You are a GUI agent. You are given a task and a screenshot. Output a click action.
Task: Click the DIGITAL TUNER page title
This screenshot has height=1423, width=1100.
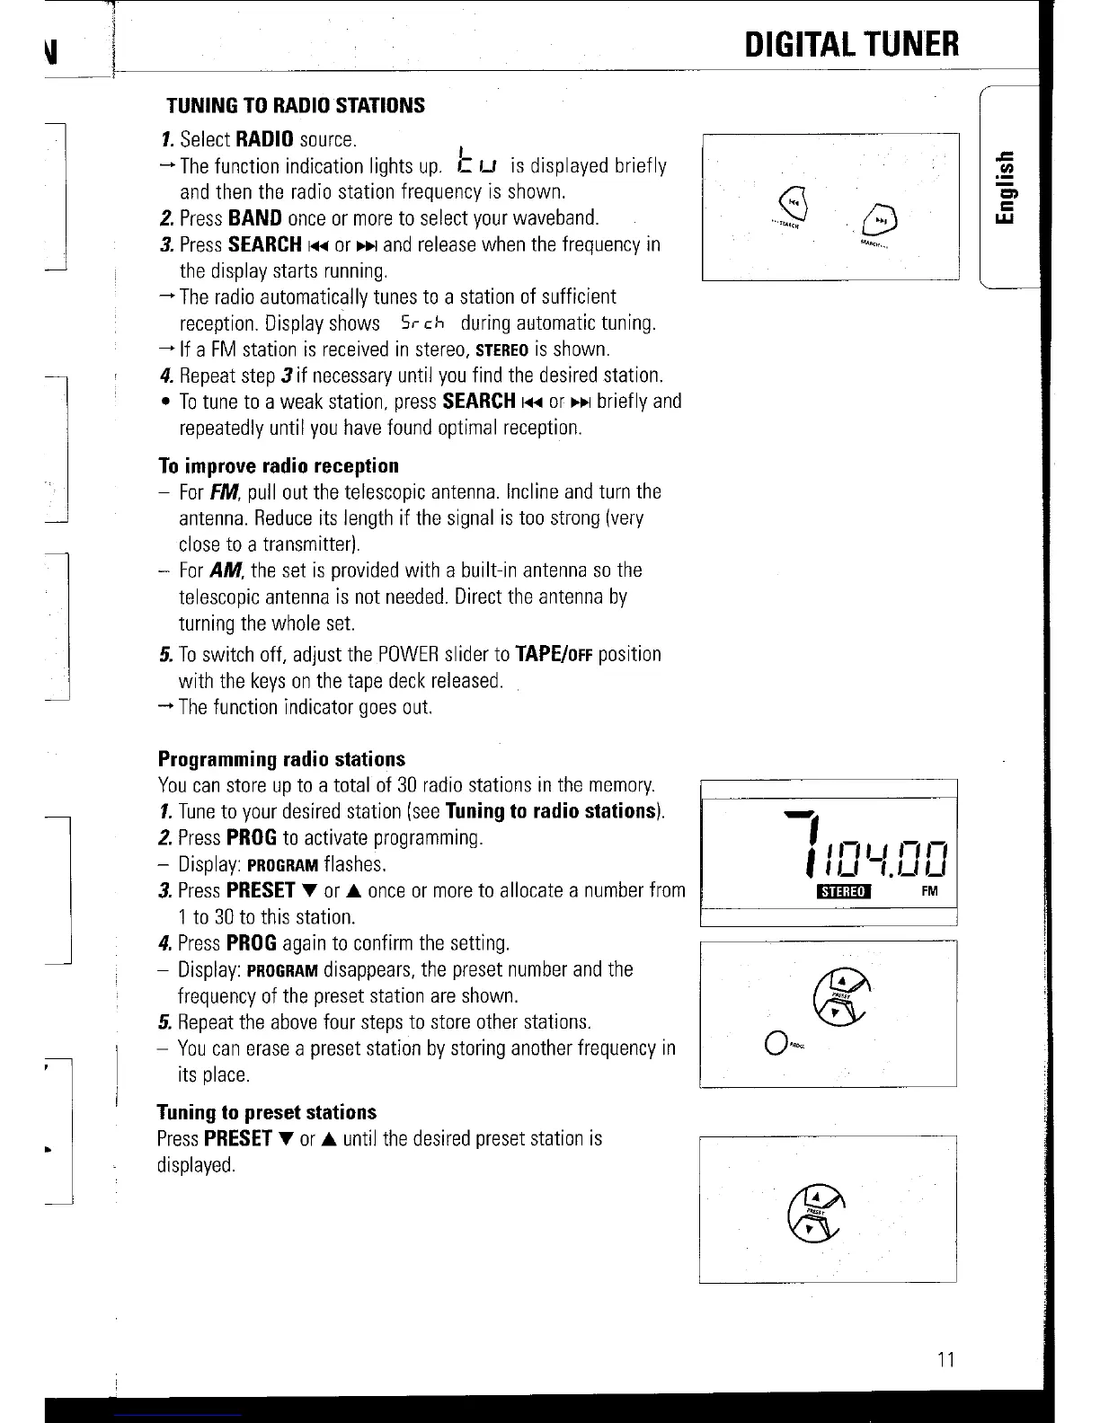[851, 43]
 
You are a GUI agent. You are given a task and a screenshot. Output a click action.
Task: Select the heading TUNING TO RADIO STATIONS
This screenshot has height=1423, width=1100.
[295, 105]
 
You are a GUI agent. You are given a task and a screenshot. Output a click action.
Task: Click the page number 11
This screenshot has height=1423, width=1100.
[944, 1358]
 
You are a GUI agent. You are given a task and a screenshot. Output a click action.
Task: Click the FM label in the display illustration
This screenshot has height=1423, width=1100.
[929, 891]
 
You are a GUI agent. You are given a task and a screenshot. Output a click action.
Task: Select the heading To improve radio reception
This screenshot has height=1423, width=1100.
[279, 465]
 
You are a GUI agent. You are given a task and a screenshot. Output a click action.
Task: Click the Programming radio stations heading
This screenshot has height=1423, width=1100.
[281, 759]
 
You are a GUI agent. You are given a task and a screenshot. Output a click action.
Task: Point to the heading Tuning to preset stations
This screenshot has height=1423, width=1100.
[267, 1112]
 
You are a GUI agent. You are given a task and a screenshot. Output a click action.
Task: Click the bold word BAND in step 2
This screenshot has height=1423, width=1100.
[255, 218]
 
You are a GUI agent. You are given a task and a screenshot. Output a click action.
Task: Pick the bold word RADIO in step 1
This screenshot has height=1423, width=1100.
[265, 139]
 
